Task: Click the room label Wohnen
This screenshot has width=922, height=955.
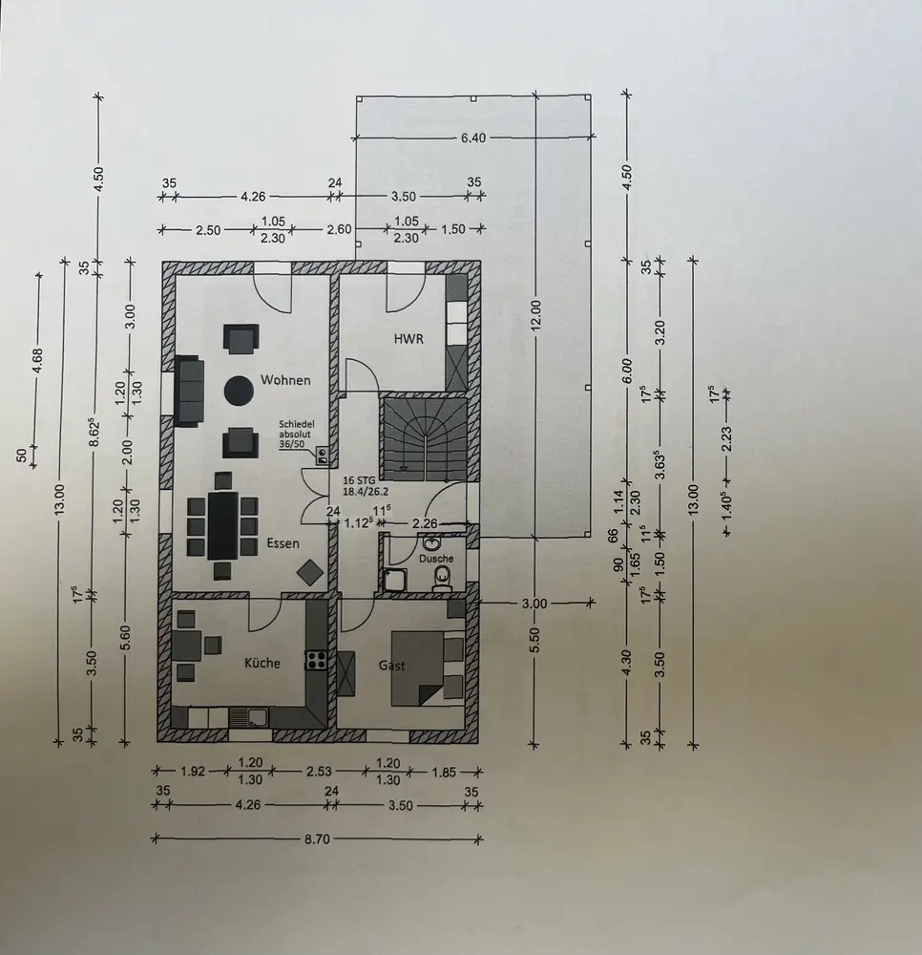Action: coord(285,380)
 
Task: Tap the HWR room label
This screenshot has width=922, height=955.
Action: coord(409,339)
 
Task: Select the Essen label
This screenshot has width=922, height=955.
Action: coord(283,543)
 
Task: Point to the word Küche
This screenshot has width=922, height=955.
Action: coord(262,662)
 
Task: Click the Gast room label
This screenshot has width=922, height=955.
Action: coord(392,665)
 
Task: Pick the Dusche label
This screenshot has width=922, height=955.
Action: coord(435,558)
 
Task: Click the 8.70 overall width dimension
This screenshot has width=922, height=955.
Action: coord(317,838)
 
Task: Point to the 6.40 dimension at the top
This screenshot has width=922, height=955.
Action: coord(473,138)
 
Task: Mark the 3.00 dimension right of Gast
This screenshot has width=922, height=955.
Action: coord(535,604)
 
